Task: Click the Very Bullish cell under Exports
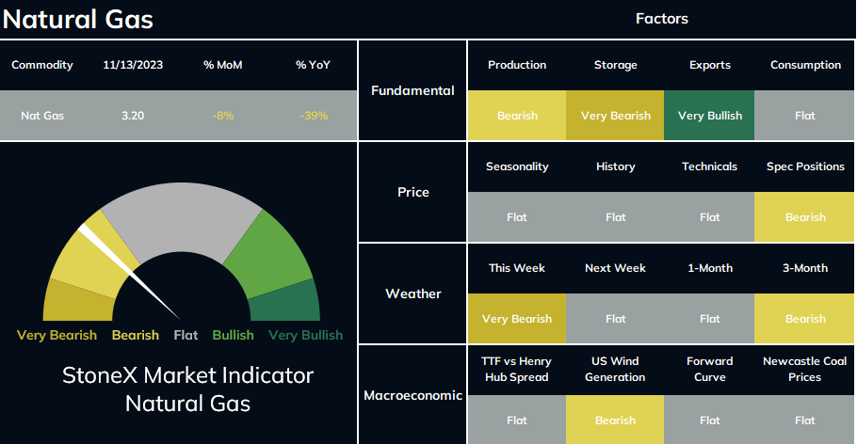pyautogui.click(x=709, y=115)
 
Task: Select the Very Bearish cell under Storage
pyautogui.click(x=615, y=115)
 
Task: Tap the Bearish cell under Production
pyautogui.click(x=517, y=115)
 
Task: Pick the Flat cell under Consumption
pyautogui.click(x=804, y=115)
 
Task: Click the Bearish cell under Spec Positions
pyautogui.click(x=804, y=216)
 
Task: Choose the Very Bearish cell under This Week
pyautogui.click(x=517, y=318)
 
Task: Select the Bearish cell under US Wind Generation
pyautogui.click(x=615, y=420)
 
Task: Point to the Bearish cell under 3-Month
pyautogui.click(x=804, y=318)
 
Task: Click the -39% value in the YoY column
pyautogui.click(x=314, y=116)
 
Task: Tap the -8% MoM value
pyautogui.click(x=223, y=116)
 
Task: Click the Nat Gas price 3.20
pyautogui.click(x=133, y=116)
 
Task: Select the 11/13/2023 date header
pyautogui.click(x=133, y=65)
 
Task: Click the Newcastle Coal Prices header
pyautogui.click(x=804, y=369)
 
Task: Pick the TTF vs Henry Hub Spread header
pyautogui.click(x=516, y=369)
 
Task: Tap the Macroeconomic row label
pyautogui.click(x=413, y=395)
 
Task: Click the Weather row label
pyautogui.click(x=413, y=293)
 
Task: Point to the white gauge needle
pyautogui.click(x=129, y=272)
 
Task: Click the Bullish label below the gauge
pyautogui.click(x=233, y=335)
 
